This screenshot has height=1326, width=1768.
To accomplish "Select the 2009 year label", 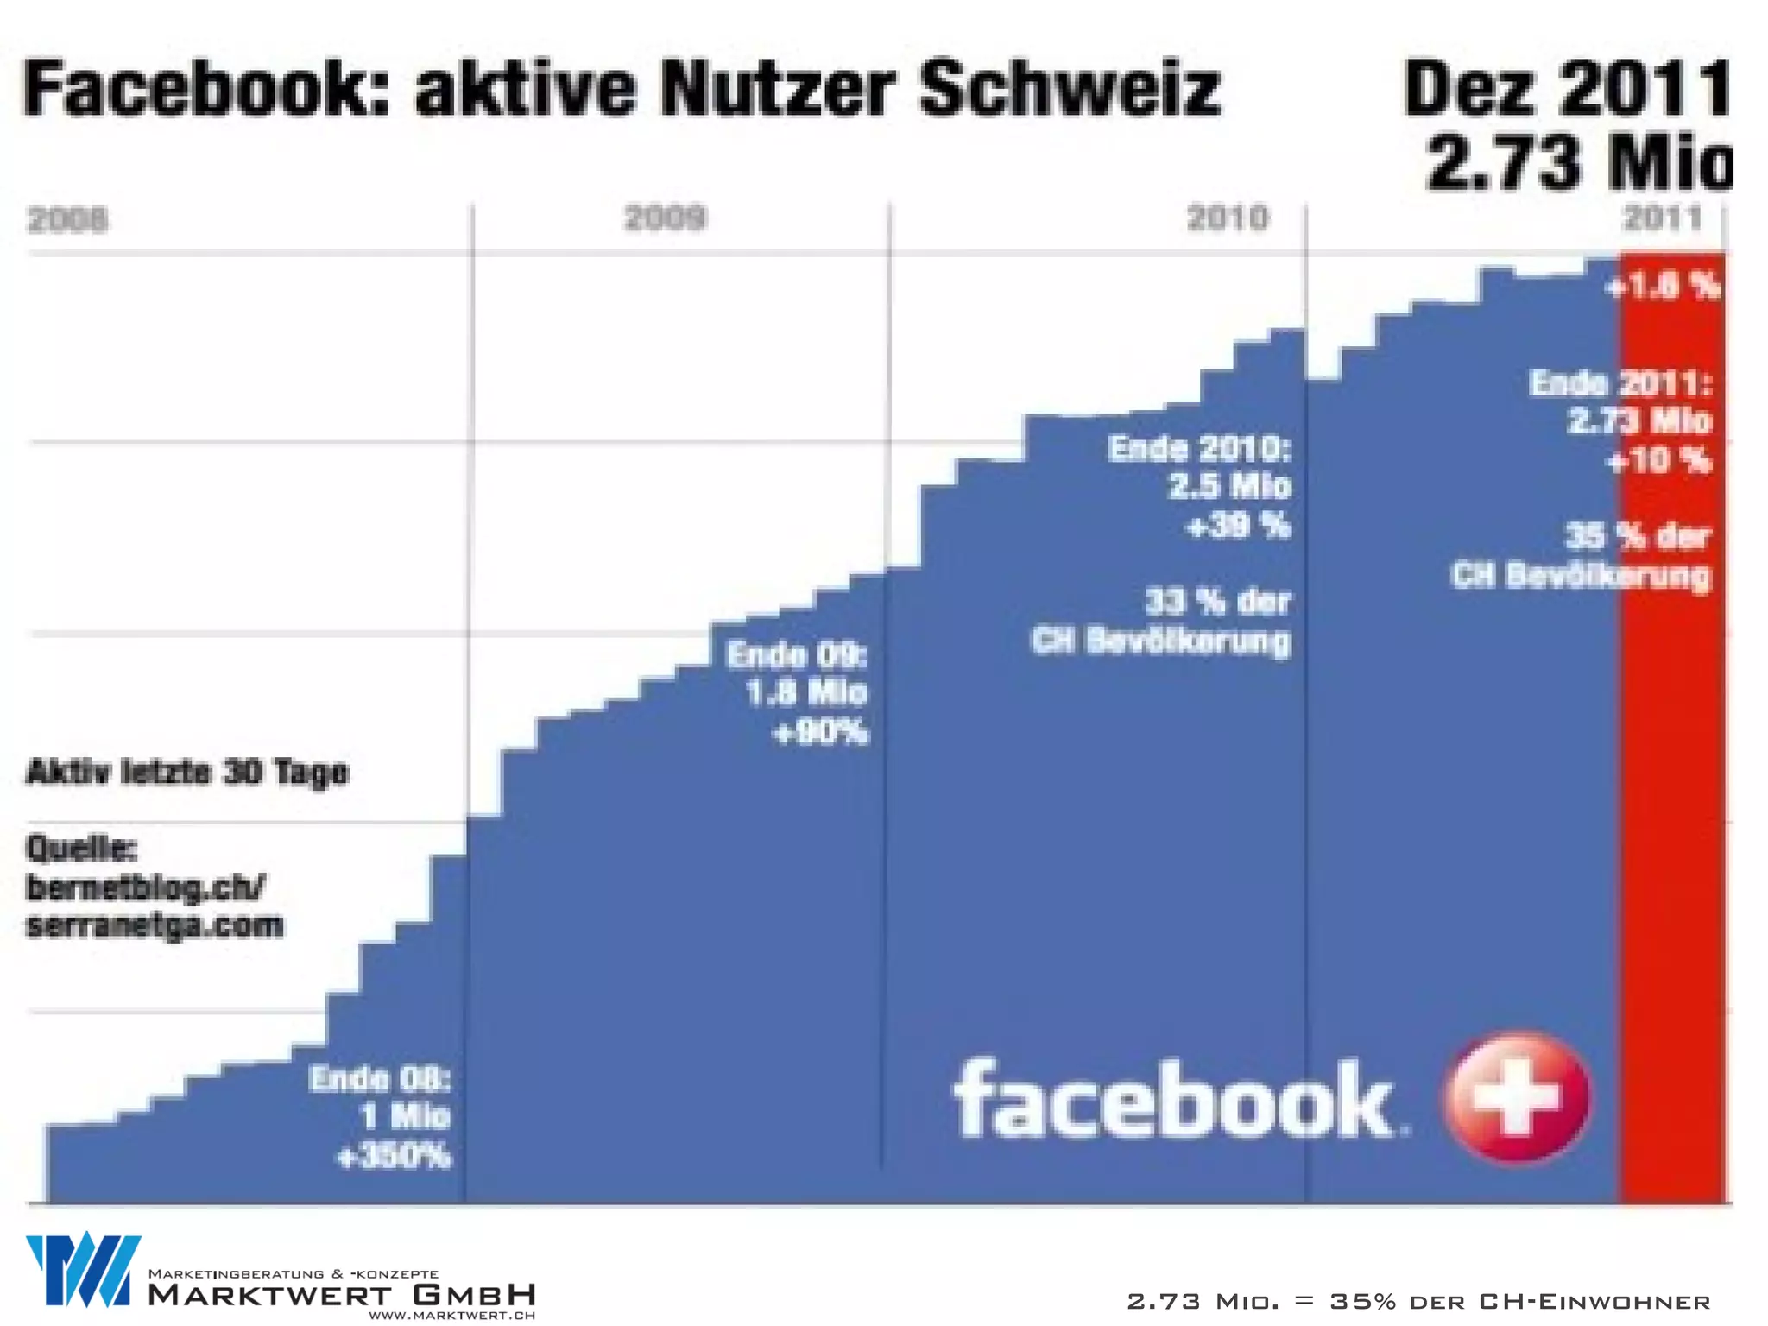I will (665, 218).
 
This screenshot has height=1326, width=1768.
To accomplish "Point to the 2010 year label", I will (1228, 218).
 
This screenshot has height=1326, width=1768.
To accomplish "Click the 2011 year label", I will (1662, 218).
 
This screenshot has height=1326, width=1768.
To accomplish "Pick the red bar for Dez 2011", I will (1671, 777).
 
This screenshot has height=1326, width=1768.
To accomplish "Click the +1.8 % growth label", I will (1663, 286).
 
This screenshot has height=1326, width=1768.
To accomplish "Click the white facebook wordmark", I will (1174, 1101).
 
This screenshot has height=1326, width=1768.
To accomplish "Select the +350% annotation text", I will (394, 1156).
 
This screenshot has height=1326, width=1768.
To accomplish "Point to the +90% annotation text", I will (820, 733).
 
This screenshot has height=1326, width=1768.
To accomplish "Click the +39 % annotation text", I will (1239, 526).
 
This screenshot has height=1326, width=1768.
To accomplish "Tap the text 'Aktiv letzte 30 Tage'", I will (188, 772).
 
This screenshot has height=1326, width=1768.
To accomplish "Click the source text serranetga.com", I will (155, 925).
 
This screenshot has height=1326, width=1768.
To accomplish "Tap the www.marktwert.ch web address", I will (451, 1316).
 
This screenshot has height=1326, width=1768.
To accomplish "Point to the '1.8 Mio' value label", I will (806, 693).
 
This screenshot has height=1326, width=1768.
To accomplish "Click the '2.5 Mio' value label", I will (1230, 486).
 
